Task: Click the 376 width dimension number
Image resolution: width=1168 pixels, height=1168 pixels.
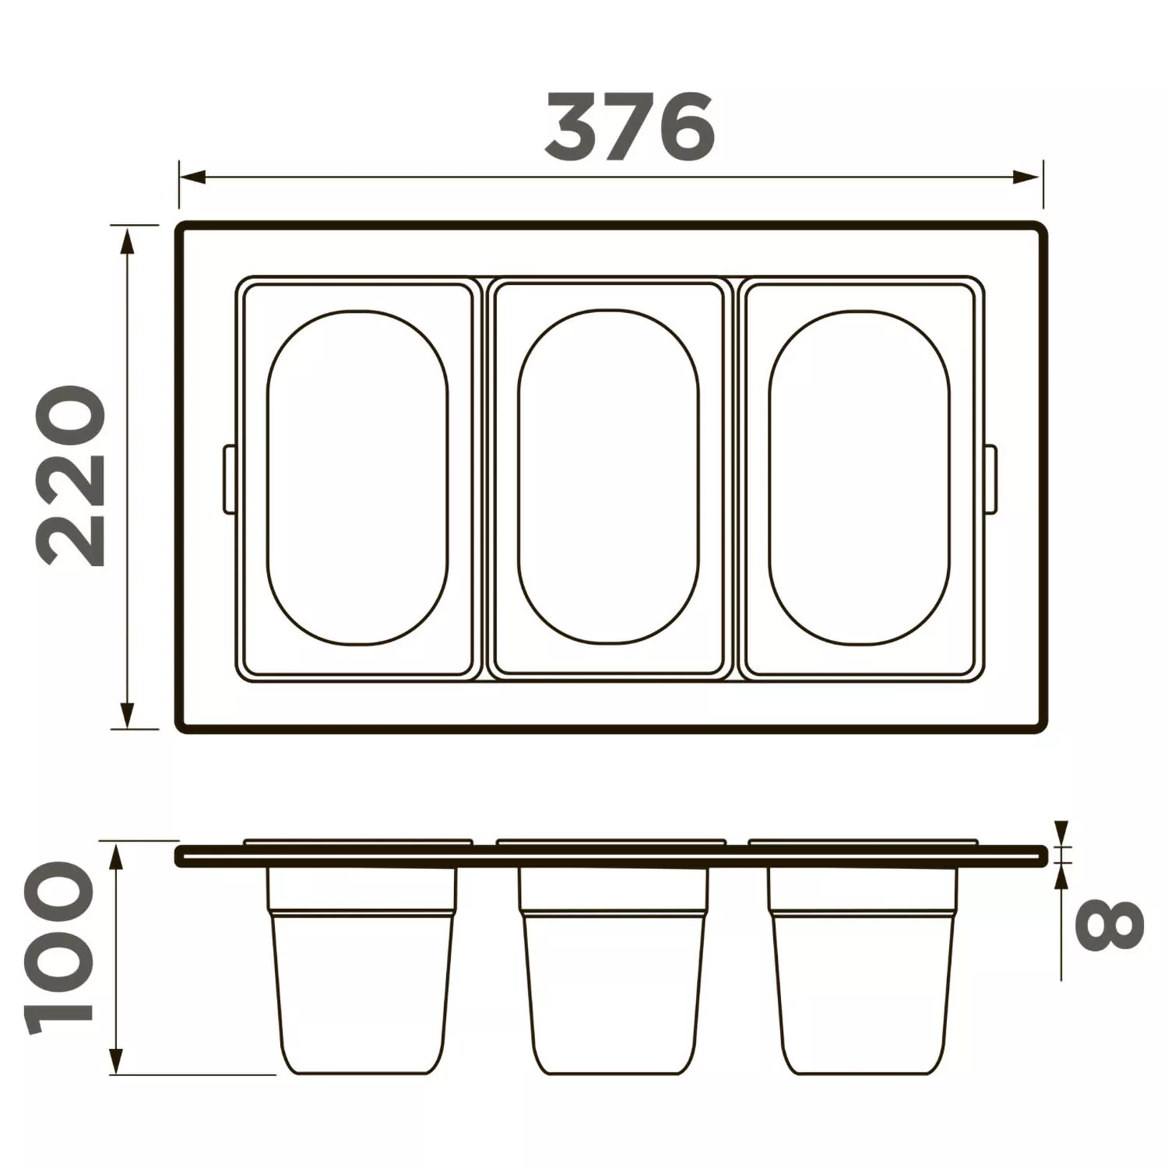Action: [x=629, y=127]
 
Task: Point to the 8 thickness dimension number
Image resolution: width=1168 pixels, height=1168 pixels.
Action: [x=1109, y=925]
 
